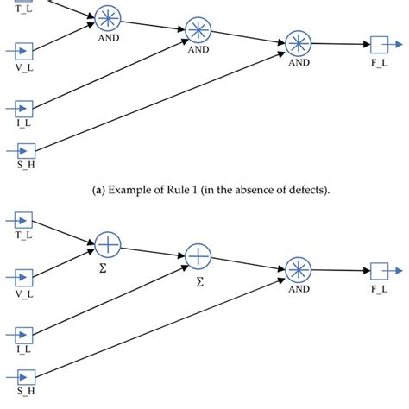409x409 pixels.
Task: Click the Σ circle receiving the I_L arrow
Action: click(198, 255)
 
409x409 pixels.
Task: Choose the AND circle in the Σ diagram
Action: click(299, 269)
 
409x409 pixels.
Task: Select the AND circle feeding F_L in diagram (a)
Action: click(299, 43)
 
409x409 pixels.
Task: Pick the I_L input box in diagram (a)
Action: click(24, 108)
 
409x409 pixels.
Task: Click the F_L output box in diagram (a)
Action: click(381, 44)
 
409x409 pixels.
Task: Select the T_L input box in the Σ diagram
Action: click(24, 220)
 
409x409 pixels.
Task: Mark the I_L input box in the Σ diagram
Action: click(24, 334)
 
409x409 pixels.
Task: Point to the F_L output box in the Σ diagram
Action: click(381, 270)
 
